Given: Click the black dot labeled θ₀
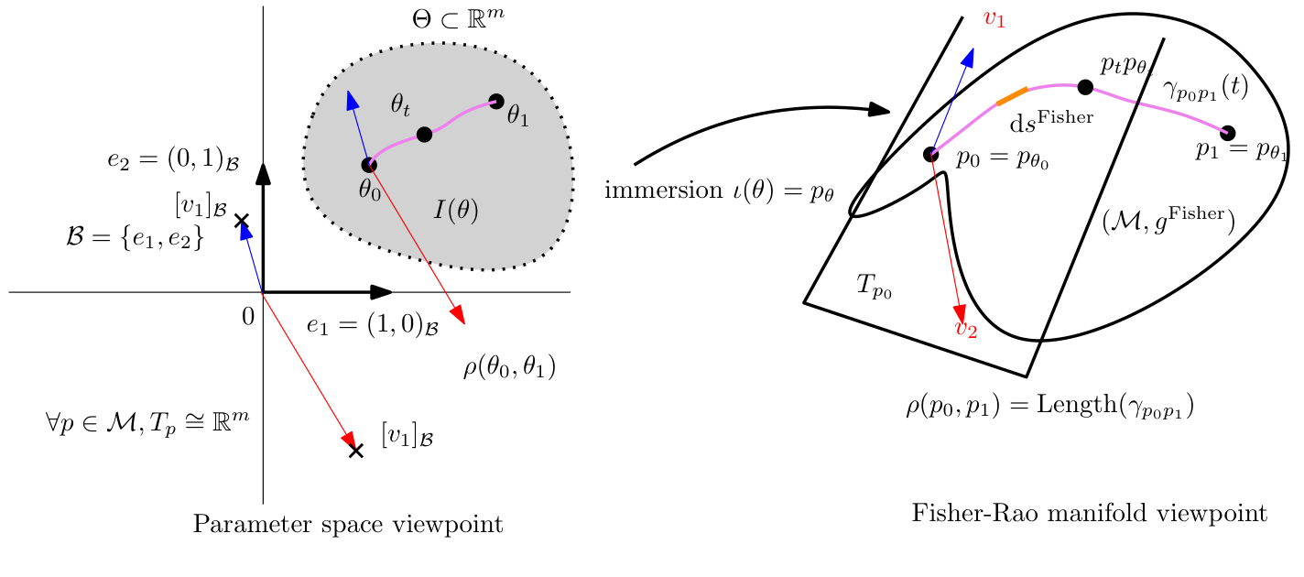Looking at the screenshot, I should pyautogui.click(x=369, y=165).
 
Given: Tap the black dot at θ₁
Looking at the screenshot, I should pyautogui.click(x=496, y=101).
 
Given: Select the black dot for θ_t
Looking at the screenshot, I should pyautogui.click(x=424, y=135).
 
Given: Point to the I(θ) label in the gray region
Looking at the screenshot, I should pyautogui.click(x=455, y=210).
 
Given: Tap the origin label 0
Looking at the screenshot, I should pyautogui.click(x=247, y=317).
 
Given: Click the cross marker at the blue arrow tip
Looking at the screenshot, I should pyautogui.click(x=242, y=221).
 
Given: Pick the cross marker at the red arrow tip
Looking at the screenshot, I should pyautogui.click(x=356, y=450).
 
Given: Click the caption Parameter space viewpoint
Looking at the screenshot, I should pyautogui.click(x=348, y=525).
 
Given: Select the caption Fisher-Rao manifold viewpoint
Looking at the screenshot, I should pyautogui.click(x=1089, y=514).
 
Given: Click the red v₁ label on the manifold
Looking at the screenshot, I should pyautogui.click(x=994, y=18).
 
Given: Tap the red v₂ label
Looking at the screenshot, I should pyautogui.click(x=966, y=330).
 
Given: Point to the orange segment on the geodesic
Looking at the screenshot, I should pyautogui.click(x=1011, y=95).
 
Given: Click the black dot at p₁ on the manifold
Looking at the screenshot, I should pyautogui.click(x=1228, y=133).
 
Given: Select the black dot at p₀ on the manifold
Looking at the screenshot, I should pyautogui.click(x=930, y=154).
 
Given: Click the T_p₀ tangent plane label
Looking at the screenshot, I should pyautogui.click(x=874, y=286).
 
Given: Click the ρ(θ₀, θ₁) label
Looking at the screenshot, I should pyautogui.click(x=510, y=368).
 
